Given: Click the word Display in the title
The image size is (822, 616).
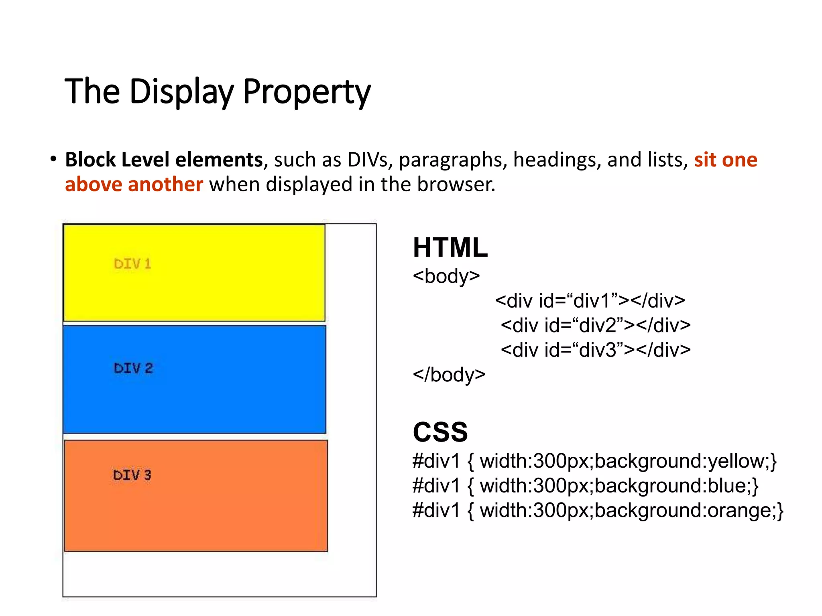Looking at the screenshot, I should pos(181,92).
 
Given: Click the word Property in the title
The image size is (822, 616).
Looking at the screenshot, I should pos(307,92).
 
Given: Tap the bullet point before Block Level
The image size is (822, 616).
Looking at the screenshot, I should pos(53,159).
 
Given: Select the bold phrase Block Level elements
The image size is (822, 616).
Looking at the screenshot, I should pos(164,160).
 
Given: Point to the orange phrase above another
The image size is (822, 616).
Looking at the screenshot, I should pos(134,184).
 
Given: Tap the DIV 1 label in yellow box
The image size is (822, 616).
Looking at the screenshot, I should pos(132,264).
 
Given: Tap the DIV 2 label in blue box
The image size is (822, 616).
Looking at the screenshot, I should pos(133,368).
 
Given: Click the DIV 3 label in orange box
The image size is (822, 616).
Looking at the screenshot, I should pos(132,475).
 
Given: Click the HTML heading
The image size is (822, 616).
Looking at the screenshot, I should pos(450,247).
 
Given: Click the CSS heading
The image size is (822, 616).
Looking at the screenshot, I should pos(440,432).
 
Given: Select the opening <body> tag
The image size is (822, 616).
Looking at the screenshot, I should pos(446,276).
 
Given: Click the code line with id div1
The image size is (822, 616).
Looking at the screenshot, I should pos(590,301).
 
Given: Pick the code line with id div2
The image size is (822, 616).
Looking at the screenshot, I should pos(596,325).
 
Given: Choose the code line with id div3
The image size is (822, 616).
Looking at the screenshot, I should pos(596,350).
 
